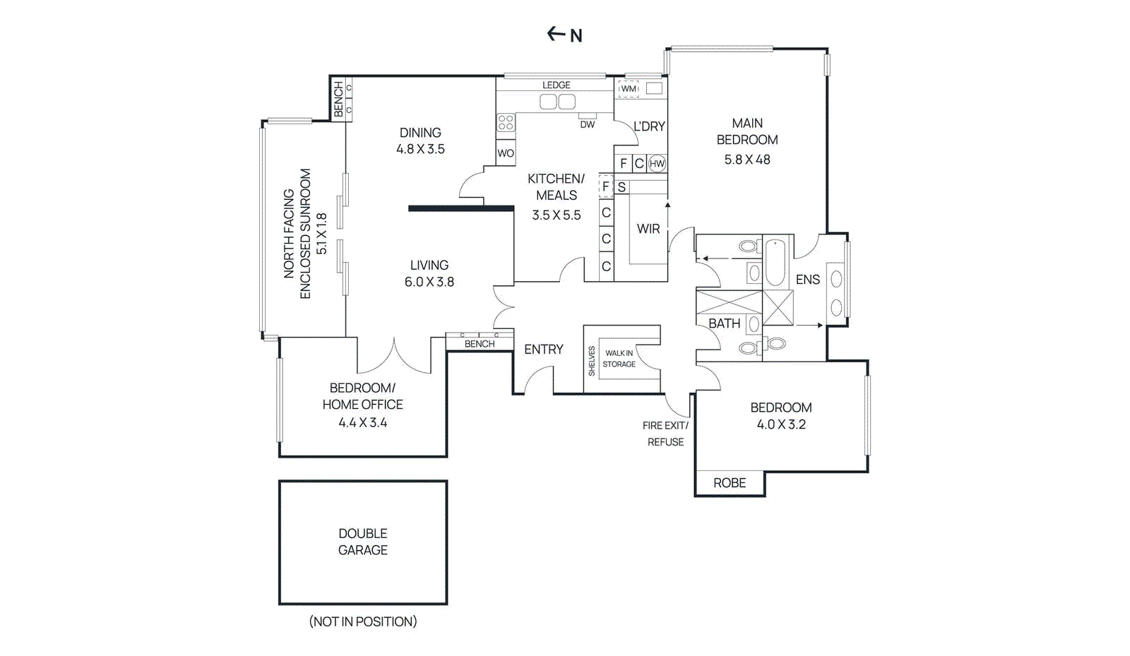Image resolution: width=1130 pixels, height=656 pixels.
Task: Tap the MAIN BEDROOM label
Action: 747,131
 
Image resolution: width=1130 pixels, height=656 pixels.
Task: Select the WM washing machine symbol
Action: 629,89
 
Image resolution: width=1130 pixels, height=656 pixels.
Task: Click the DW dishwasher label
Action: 588,125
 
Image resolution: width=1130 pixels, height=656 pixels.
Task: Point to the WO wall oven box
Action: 506,153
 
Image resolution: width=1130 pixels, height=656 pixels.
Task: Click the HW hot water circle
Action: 657,164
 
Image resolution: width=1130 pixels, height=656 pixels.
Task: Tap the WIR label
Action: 648,229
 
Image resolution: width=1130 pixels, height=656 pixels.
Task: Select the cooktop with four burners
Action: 506,123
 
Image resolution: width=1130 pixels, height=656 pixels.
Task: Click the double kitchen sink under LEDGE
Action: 557,102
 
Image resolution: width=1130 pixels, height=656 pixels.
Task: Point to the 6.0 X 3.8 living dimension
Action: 429,282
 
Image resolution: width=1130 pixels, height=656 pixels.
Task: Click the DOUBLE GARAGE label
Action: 363,542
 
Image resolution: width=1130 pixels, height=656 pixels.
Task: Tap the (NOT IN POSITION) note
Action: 363,621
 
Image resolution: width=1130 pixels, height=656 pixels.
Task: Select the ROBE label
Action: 730,483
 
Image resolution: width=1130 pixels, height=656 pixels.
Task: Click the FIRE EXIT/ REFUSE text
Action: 665,434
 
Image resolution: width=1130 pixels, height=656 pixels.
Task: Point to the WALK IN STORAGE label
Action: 619,359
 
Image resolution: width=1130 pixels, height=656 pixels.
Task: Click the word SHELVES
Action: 592,360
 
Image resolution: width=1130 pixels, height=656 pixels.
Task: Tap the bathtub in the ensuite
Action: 775,263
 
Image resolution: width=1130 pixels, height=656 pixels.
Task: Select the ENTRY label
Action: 544,350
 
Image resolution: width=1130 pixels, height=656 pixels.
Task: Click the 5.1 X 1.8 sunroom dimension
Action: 322,233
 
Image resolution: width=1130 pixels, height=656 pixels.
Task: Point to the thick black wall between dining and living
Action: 461,208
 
